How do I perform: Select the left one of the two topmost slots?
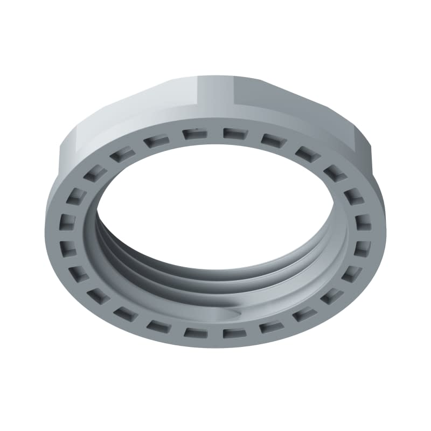[x=193, y=134]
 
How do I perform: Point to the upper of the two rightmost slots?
[x=364, y=221]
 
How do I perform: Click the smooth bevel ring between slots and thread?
[x=108, y=253]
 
